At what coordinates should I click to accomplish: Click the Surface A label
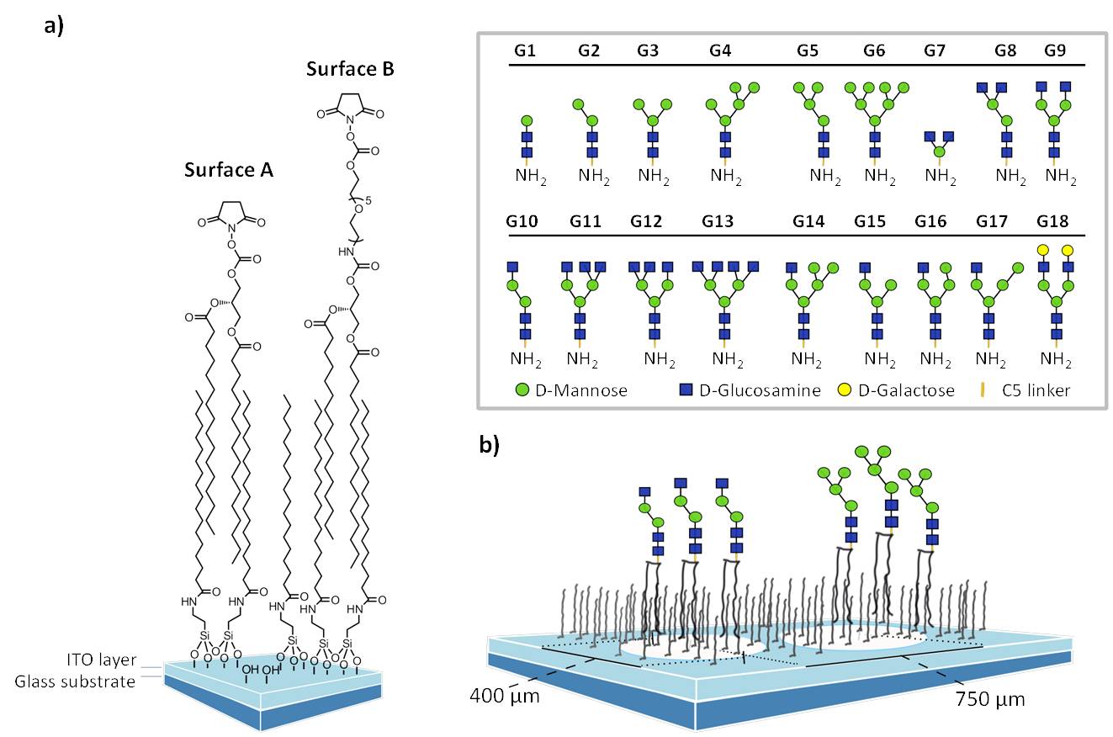pyautogui.click(x=229, y=170)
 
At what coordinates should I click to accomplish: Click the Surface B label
pyautogui.click(x=351, y=69)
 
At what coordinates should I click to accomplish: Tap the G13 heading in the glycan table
pyautogui.click(x=716, y=222)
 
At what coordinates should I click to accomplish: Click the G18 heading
pyautogui.click(x=1053, y=222)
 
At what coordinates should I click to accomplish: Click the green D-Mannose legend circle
pyautogui.click(x=522, y=390)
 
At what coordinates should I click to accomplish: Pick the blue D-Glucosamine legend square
pyautogui.click(x=686, y=390)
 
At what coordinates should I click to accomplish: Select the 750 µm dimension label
pyautogui.click(x=990, y=699)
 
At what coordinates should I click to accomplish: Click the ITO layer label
pyautogui.click(x=99, y=660)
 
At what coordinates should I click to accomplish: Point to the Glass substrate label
pyautogui.click(x=75, y=681)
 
